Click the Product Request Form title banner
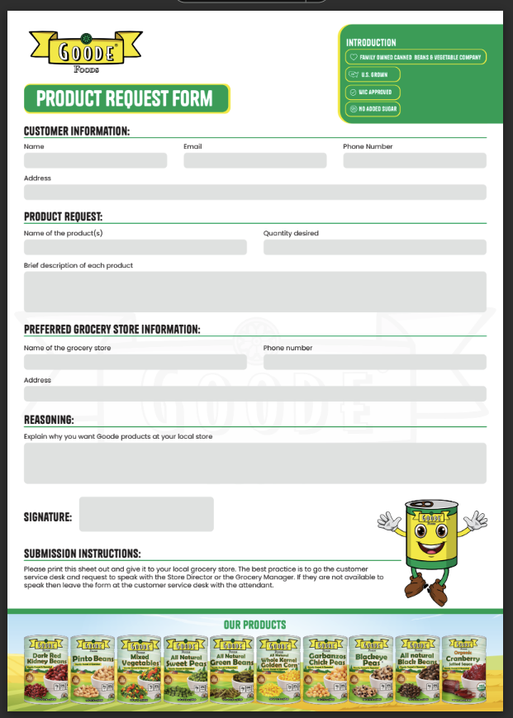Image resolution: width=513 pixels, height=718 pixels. pos(126,99)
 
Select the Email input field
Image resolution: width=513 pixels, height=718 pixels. pos(255,160)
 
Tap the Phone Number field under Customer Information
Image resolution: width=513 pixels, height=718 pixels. pos(414,160)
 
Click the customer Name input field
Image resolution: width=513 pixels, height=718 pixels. pos(95,160)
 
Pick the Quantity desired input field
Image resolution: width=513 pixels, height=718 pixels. pos(374,247)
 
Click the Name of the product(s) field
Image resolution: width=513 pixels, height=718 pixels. pos(135,247)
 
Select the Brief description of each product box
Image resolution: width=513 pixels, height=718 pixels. pos(254,292)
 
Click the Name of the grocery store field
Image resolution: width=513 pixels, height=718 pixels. pos(135,362)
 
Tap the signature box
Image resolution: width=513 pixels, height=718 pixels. pos(146,514)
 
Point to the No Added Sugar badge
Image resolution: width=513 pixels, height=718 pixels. pos(373,109)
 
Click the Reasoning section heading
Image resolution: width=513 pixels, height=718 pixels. pos(49,420)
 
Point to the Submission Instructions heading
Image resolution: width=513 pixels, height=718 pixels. pos(82,554)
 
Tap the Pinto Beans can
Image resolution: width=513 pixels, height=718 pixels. pos(93,668)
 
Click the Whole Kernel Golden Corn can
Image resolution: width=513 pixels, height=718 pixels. pos(279,668)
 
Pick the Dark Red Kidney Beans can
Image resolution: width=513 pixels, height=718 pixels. pos(45,668)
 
